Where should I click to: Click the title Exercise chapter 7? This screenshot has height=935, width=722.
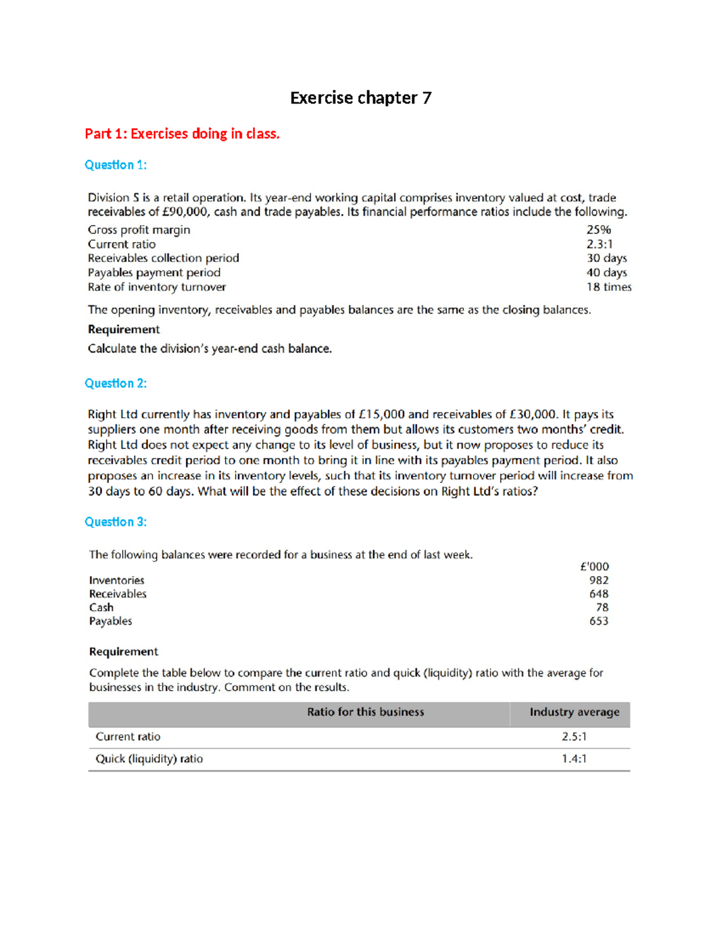[x=360, y=98]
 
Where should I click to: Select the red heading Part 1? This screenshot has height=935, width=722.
[x=182, y=134]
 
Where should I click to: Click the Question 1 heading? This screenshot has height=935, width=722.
[x=116, y=165]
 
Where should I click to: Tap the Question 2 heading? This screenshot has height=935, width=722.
[x=116, y=384]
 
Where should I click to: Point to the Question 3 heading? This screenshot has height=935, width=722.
[x=116, y=522]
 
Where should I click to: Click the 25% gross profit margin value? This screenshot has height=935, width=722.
[x=599, y=230]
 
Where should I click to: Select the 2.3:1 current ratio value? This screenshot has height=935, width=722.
[x=599, y=244]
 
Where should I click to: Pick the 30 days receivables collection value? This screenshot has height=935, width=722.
[x=606, y=258]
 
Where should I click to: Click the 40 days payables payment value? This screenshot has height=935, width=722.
[x=606, y=273]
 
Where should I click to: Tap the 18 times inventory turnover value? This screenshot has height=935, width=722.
[x=609, y=287]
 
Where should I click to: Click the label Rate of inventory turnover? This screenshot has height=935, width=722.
[x=157, y=287]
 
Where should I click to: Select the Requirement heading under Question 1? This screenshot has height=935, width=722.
[x=124, y=329]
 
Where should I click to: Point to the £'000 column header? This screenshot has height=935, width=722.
[x=594, y=567]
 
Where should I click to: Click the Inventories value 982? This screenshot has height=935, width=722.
[x=599, y=580]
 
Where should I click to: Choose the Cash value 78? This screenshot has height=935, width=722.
[x=602, y=607]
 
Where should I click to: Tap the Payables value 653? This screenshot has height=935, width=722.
[x=599, y=621]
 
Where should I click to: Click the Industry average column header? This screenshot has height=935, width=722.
[x=574, y=712]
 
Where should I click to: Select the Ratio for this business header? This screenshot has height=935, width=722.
[x=365, y=712]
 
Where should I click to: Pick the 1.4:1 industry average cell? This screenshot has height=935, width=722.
[x=574, y=759]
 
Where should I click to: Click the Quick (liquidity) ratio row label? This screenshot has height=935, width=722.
[x=149, y=759]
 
